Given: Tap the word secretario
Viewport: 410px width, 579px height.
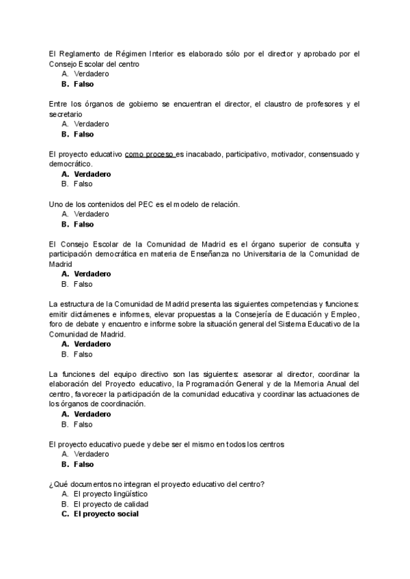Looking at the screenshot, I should pos(66,113).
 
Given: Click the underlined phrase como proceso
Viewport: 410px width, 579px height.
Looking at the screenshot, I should pos(150,154).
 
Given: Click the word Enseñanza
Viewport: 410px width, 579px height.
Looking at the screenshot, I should pos(215,253).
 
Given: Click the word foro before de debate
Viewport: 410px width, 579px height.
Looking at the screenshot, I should pos(57,324).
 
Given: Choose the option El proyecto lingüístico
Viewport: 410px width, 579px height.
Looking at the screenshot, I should pos(110,494).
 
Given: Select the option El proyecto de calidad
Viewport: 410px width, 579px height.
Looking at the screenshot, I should pos(111,504).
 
